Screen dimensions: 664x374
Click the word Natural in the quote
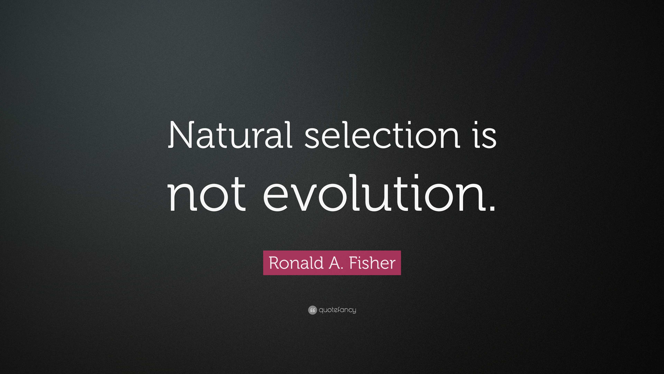tap(230, 135)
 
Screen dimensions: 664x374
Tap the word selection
tap(382, 135)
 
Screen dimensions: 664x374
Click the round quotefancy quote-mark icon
tap(312, 310)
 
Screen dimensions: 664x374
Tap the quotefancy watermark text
tap(337, 310)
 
